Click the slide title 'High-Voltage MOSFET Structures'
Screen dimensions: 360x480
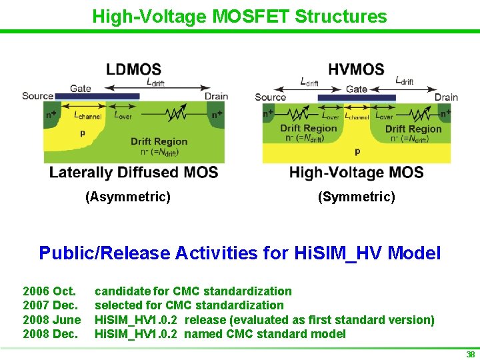239,16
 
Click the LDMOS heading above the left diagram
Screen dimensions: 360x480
133,69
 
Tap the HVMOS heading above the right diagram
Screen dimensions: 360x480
356,69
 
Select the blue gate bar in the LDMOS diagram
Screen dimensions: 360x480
97,97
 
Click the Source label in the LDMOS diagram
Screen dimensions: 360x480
37,96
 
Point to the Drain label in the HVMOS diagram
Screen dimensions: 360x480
446,97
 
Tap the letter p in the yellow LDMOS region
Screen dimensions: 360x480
83,133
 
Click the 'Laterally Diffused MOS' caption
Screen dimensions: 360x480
133,172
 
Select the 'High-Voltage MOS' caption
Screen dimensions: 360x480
356,173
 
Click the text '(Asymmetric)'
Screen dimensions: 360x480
128,197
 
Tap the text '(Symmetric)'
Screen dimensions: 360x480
356,197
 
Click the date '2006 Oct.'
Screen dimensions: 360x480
49,291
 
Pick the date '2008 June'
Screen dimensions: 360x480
52,320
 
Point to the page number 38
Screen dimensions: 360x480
470,355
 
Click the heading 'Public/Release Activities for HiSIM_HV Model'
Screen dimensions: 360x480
239,253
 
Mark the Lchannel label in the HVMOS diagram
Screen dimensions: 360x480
357,117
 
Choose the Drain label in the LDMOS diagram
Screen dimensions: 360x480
216,96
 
